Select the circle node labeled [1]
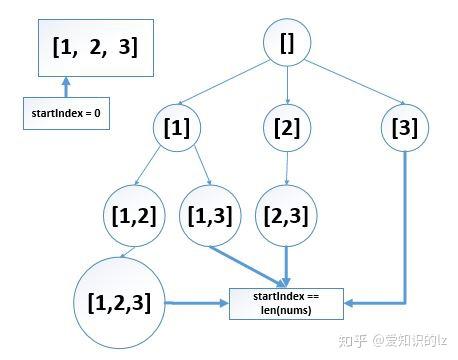tap(177, 129)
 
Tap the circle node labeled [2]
tap(288, 129)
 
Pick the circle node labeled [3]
tap(405, 129)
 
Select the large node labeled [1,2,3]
tap(119, 301)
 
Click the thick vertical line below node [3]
tap(405, 230)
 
